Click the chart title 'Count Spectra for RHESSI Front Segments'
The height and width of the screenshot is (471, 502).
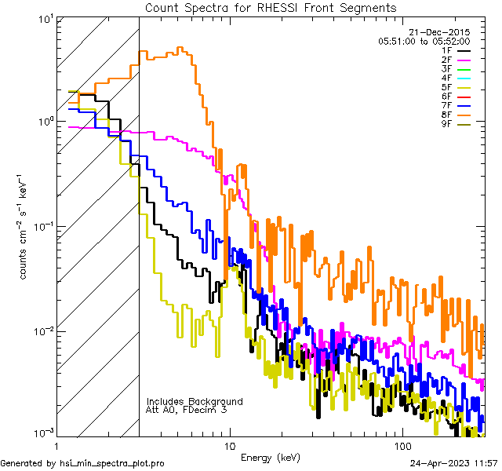coord(271,7)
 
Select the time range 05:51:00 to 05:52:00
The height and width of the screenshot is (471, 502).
coord(424,41)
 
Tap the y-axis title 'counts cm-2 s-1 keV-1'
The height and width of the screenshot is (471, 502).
coord(24,227)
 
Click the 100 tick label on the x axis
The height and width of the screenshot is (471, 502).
coord(402,446)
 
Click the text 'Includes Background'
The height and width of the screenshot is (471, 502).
coord(195,401)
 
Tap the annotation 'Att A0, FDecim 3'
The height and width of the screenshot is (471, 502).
coord(186,410)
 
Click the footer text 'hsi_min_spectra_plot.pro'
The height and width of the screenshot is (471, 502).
coord(112,463)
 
